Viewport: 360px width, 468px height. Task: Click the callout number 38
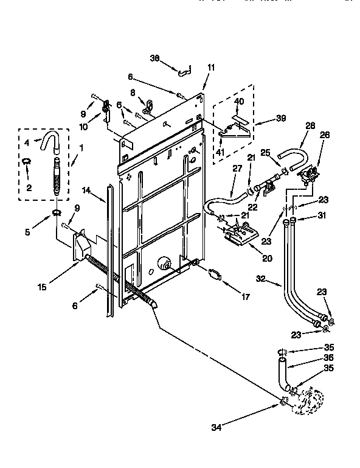pyautogui.click(x=154, y=58)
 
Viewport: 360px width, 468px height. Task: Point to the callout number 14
pyautogui.click(x=87, y=190)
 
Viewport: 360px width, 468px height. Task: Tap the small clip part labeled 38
pyautogui.click(x=184, y=72)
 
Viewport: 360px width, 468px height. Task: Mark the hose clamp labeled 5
pyautogui.click(x=57, y=212)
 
